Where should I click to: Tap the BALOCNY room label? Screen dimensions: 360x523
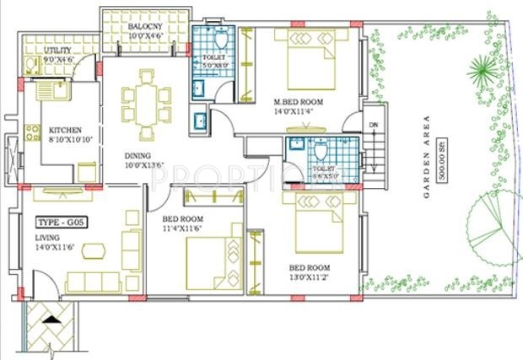(146, 27)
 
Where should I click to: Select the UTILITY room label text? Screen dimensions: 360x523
(58, 51)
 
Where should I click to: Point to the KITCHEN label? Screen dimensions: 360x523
(64, 130)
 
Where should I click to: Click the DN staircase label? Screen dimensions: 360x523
(373, 126)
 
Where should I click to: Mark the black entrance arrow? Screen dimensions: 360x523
(51, 320)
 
